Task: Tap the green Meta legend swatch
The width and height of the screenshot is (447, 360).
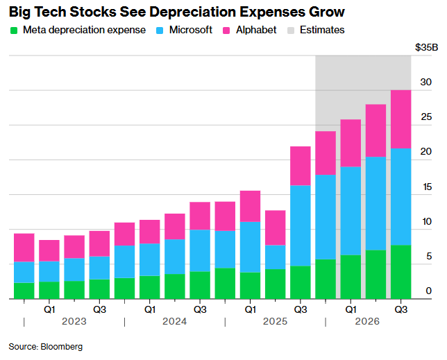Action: (x=14, y=31)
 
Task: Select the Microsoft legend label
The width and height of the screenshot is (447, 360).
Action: (x=191, y=30)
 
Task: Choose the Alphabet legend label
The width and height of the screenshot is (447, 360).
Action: (x=256, y=30)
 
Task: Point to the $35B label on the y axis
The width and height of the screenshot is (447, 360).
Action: (x=425, y=48)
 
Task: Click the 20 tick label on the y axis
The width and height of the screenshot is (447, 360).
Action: (x=426, y=152)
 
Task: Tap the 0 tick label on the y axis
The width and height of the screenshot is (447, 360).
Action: (x=429, y=291)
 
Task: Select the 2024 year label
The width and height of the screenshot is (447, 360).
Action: (x=174, y=322)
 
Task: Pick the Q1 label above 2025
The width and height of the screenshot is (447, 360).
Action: (x=250, y=309)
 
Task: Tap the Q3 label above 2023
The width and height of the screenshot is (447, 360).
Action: (x=99, y=309)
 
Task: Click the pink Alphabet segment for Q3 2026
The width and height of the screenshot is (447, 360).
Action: (x=400, y=119)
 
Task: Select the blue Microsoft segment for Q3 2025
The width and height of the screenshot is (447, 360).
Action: (x=300, y=225)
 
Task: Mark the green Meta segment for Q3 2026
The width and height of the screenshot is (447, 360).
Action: (x=400, y=272)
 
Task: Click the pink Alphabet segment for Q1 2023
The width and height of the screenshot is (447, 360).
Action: (x=49, y=250)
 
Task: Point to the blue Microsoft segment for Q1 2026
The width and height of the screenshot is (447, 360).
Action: (x=351, y=211)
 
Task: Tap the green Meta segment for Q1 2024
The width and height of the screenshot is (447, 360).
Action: (x=149, y=287)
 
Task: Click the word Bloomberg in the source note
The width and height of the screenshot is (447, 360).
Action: (x=61, y=345)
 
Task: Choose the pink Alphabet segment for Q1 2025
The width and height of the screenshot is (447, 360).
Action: (x=250, y=206)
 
